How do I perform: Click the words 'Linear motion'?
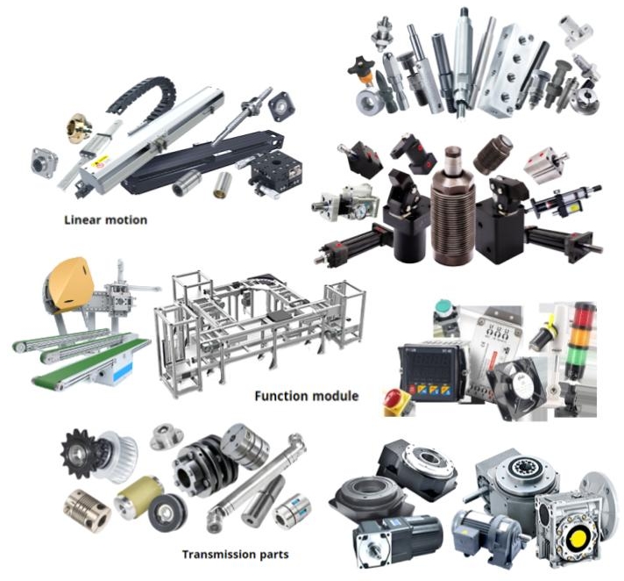[105, 219]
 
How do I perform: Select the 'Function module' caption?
[306, 396]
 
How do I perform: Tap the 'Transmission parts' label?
[235, 554]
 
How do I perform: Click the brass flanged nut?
[81, 129]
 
